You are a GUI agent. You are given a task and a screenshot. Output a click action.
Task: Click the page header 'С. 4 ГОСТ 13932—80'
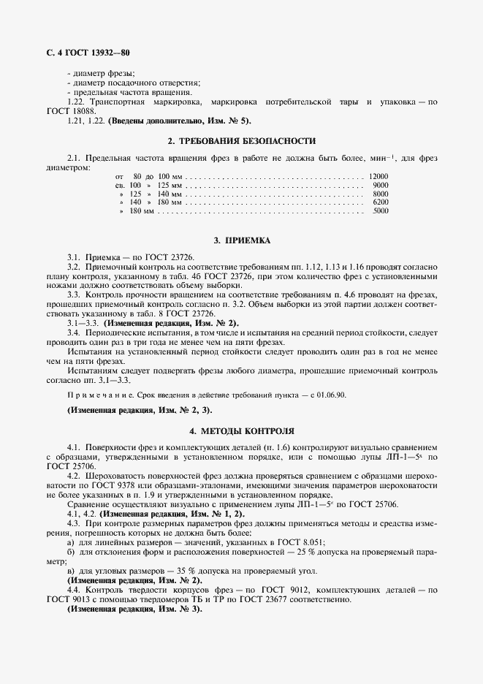point(84,53)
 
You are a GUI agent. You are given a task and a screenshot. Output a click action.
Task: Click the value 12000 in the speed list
point(379,177)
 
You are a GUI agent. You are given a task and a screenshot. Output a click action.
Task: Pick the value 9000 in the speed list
point(380,186)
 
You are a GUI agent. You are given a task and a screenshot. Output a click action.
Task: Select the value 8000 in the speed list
point(380,194)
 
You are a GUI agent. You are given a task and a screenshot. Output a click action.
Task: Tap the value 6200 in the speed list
point(380,202)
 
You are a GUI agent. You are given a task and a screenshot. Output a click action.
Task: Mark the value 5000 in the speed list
point(380,211)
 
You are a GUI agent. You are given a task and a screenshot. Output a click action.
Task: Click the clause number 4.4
point(73,589)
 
